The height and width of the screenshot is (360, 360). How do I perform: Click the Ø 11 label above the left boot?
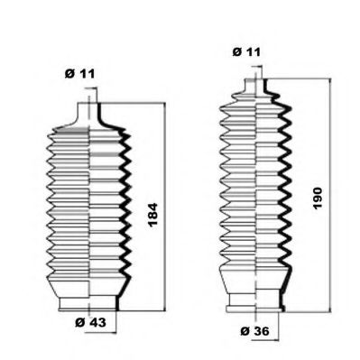pos(79,74)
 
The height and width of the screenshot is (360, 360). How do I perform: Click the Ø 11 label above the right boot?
pos(246,52)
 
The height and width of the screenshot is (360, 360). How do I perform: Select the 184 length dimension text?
pos(152,215)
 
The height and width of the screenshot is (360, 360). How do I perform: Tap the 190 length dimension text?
pos(318,198)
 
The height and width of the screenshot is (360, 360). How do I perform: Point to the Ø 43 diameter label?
pos(90,323)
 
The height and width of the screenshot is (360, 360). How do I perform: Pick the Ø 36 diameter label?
pos(255,331)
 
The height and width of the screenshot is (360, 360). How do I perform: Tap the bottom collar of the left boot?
pos(89,303)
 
